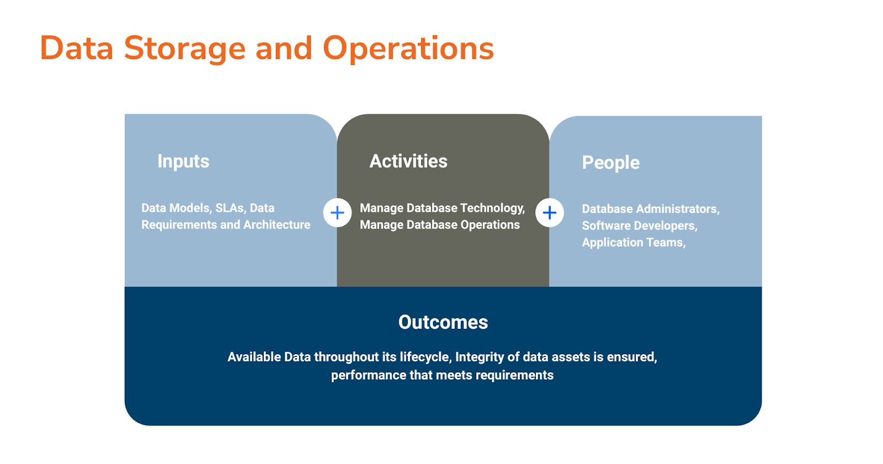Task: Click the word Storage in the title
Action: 184,49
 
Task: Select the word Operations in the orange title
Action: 408,49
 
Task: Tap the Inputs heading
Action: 183,161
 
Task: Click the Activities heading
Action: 408,161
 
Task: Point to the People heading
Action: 611,163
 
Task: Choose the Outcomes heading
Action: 443,322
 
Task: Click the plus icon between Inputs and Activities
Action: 337,212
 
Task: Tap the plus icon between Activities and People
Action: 550,212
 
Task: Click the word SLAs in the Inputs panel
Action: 230,208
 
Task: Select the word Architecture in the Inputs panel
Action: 277,225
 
